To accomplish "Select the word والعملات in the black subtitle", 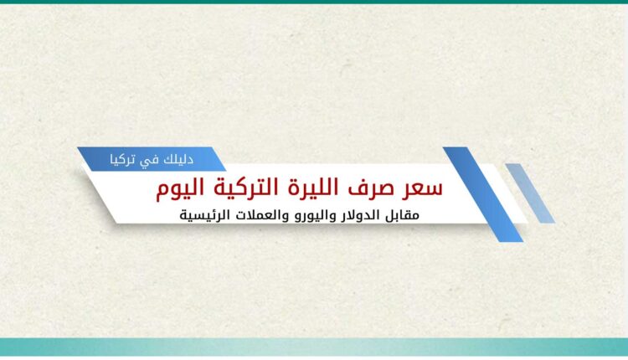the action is pos(259,215).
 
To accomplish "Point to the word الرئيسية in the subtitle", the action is pos(204,215).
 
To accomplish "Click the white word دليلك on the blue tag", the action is pos(178,159).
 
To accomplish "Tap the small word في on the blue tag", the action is pos(152,161).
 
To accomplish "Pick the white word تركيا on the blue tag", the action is pos(126,160).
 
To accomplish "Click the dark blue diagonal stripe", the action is pos(482,194).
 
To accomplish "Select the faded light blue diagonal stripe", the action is pos(530,193).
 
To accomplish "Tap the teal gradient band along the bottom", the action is pos(314,347).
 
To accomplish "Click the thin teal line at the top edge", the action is pos(314,2).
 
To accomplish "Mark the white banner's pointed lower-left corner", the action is pos(116,223).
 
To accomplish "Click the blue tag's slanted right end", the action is pos(219,159).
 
